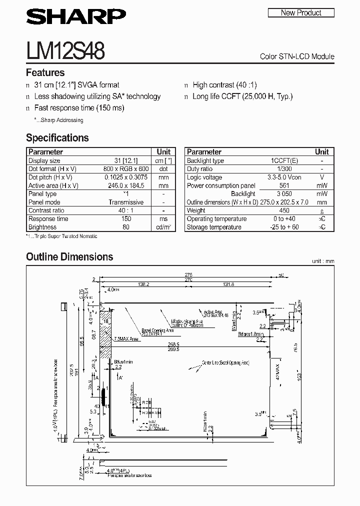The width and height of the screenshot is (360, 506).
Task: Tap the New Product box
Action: [301, 13]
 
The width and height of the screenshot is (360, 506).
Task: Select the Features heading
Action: [45, 72]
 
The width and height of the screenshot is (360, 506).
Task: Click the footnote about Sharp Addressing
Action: [58, 120]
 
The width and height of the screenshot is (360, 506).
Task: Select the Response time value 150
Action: [126, 219]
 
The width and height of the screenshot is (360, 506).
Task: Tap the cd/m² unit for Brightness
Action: [163, 227]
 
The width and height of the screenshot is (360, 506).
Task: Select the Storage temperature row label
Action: [214, 227]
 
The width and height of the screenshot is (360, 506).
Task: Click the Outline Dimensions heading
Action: [69, 257]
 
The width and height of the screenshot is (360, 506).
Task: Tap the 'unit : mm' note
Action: [322, 261]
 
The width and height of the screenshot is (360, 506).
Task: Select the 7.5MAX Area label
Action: [126, 338]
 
